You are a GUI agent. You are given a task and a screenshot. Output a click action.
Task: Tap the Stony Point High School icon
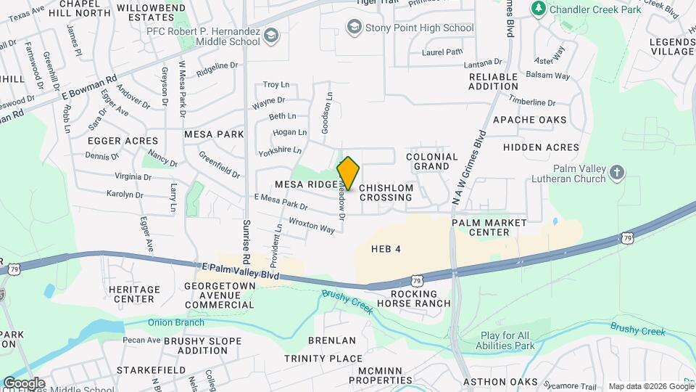(x=355, y=28)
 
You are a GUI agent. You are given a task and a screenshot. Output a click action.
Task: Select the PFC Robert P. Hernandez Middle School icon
(x=270, y=35)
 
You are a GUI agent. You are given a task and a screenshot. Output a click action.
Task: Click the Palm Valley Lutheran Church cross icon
(x=617, y=172)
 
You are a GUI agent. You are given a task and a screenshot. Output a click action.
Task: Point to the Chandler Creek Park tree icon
(x=538, y=9)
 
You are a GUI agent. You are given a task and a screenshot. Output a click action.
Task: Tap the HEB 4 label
(x=386, y=249)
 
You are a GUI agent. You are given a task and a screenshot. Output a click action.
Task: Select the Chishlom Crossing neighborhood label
(x=386, y=192)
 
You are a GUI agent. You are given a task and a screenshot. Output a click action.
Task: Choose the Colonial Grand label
(x=432, y=161)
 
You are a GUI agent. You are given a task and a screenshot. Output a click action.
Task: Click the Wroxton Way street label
(x=312, y=225)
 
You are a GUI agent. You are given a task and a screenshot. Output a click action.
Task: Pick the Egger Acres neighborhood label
(x=123, y=141)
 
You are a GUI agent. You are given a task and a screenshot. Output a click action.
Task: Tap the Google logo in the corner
(x=24, y=383)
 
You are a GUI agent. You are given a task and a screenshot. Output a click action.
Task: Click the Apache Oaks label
(x=529, y=120)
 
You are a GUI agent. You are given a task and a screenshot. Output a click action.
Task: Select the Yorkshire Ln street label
(x=279, y=150)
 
